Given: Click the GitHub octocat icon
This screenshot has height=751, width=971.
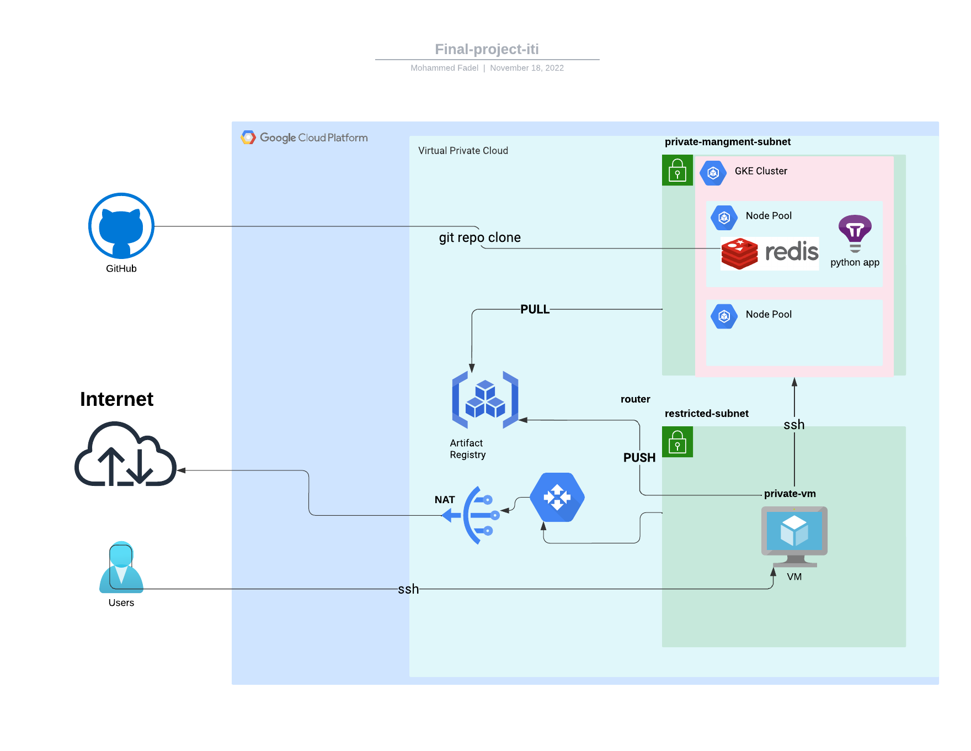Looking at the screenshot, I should point(121,226).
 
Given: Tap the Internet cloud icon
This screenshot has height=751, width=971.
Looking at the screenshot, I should point(125,454).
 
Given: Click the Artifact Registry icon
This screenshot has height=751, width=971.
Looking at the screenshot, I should point(485,400).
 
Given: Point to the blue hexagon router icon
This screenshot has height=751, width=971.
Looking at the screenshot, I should point(557,497).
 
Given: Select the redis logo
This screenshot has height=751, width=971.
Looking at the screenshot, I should point(770,253).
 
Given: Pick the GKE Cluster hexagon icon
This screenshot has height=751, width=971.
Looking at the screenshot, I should point(713,173).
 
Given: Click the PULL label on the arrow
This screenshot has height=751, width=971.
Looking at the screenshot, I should point(535,309).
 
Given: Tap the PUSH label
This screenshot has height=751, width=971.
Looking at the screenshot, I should point(639,458).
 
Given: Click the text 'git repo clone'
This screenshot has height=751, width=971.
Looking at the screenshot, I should point(479,237).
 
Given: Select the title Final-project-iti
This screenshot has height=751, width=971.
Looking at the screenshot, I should point(487,49).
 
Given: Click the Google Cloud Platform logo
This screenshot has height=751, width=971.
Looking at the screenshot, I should point(305,137).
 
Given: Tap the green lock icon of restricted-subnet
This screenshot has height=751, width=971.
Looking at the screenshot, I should point(677,442).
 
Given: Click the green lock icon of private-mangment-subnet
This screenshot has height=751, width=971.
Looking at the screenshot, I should point(677,170).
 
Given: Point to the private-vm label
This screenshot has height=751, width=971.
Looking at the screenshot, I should point(789,494).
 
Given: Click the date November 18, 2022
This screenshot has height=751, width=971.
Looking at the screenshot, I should point(526,68).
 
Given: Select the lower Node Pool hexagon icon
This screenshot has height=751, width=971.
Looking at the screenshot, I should point(724,316).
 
